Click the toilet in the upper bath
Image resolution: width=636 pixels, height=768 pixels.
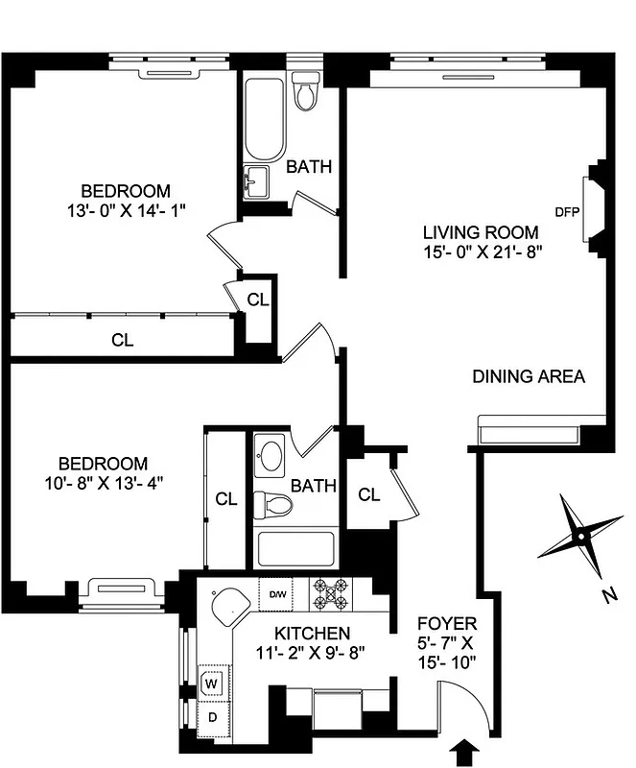coord(306,91)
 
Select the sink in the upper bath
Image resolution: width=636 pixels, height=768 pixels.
coord(255,181)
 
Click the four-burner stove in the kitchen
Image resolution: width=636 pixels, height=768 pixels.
coord(331,596)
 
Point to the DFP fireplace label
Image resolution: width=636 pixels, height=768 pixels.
coord(565,211)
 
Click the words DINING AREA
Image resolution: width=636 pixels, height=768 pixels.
coord(529,376)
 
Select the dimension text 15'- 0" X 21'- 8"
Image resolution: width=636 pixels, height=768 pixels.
coord(482,252)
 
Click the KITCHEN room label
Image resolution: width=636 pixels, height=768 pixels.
coord(312,634)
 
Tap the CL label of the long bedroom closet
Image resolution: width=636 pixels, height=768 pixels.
coord(122,339)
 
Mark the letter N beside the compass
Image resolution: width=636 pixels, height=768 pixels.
coord(608,596)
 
